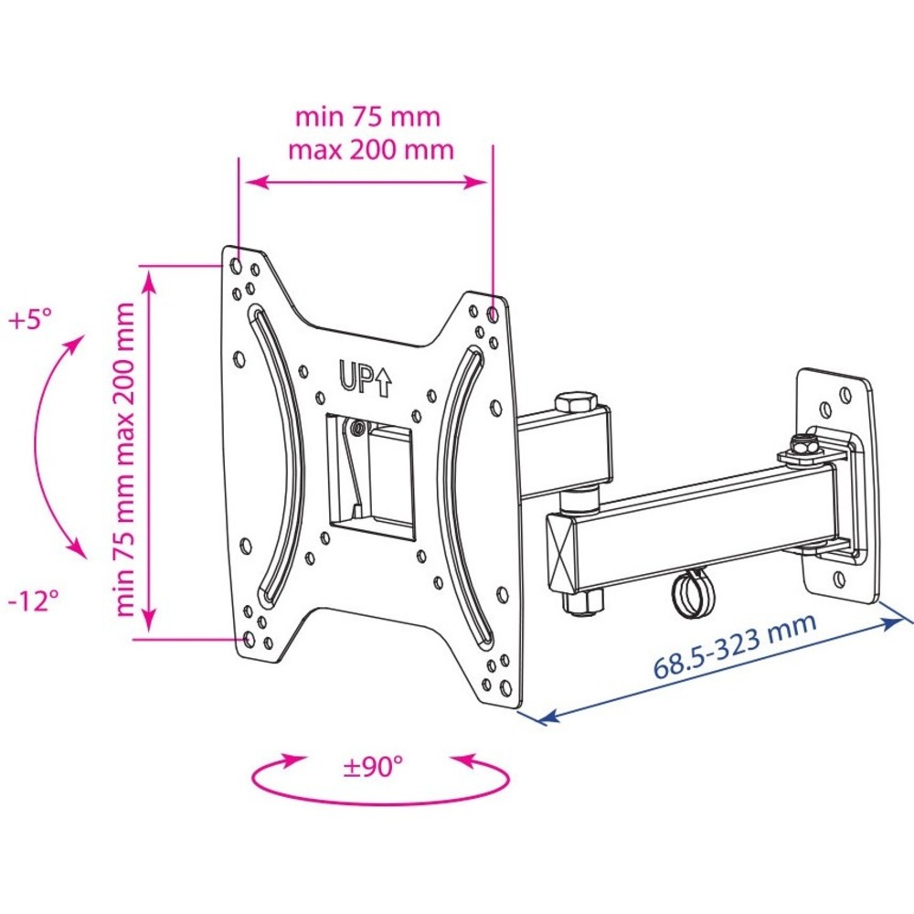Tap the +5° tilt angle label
tap(30, 319)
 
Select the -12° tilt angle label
tap(34, 600)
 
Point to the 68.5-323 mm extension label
tap(735, 646)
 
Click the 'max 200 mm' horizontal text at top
tap(371, 150)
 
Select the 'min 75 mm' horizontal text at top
tap(367, 117)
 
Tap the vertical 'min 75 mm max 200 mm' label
tap(125, 459)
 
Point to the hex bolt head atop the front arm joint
tap(576, 401)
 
